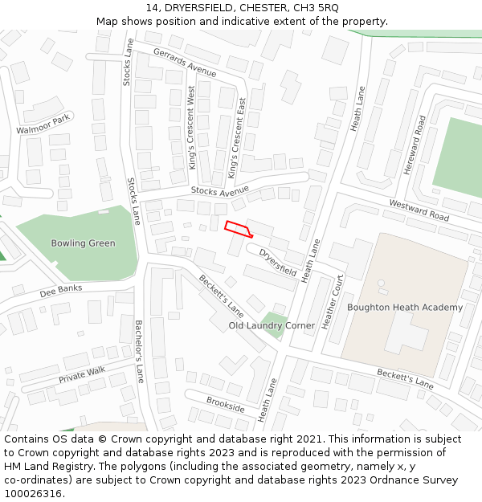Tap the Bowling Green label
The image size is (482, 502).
click(83, 243)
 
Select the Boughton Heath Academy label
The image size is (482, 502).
click(405, 308)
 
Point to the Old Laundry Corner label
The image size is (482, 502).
click(272, 326)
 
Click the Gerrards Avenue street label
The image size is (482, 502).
click(185, 62)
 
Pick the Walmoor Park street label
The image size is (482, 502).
click(43, 124)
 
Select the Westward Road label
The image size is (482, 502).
click(419, 210)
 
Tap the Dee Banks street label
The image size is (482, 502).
click(61, 289)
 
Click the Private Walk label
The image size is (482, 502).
click(82, 374)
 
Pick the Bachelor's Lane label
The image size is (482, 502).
click(139, 351)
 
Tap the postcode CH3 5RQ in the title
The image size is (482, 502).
click(317, 7)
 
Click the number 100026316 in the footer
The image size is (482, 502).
click(35, 494)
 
